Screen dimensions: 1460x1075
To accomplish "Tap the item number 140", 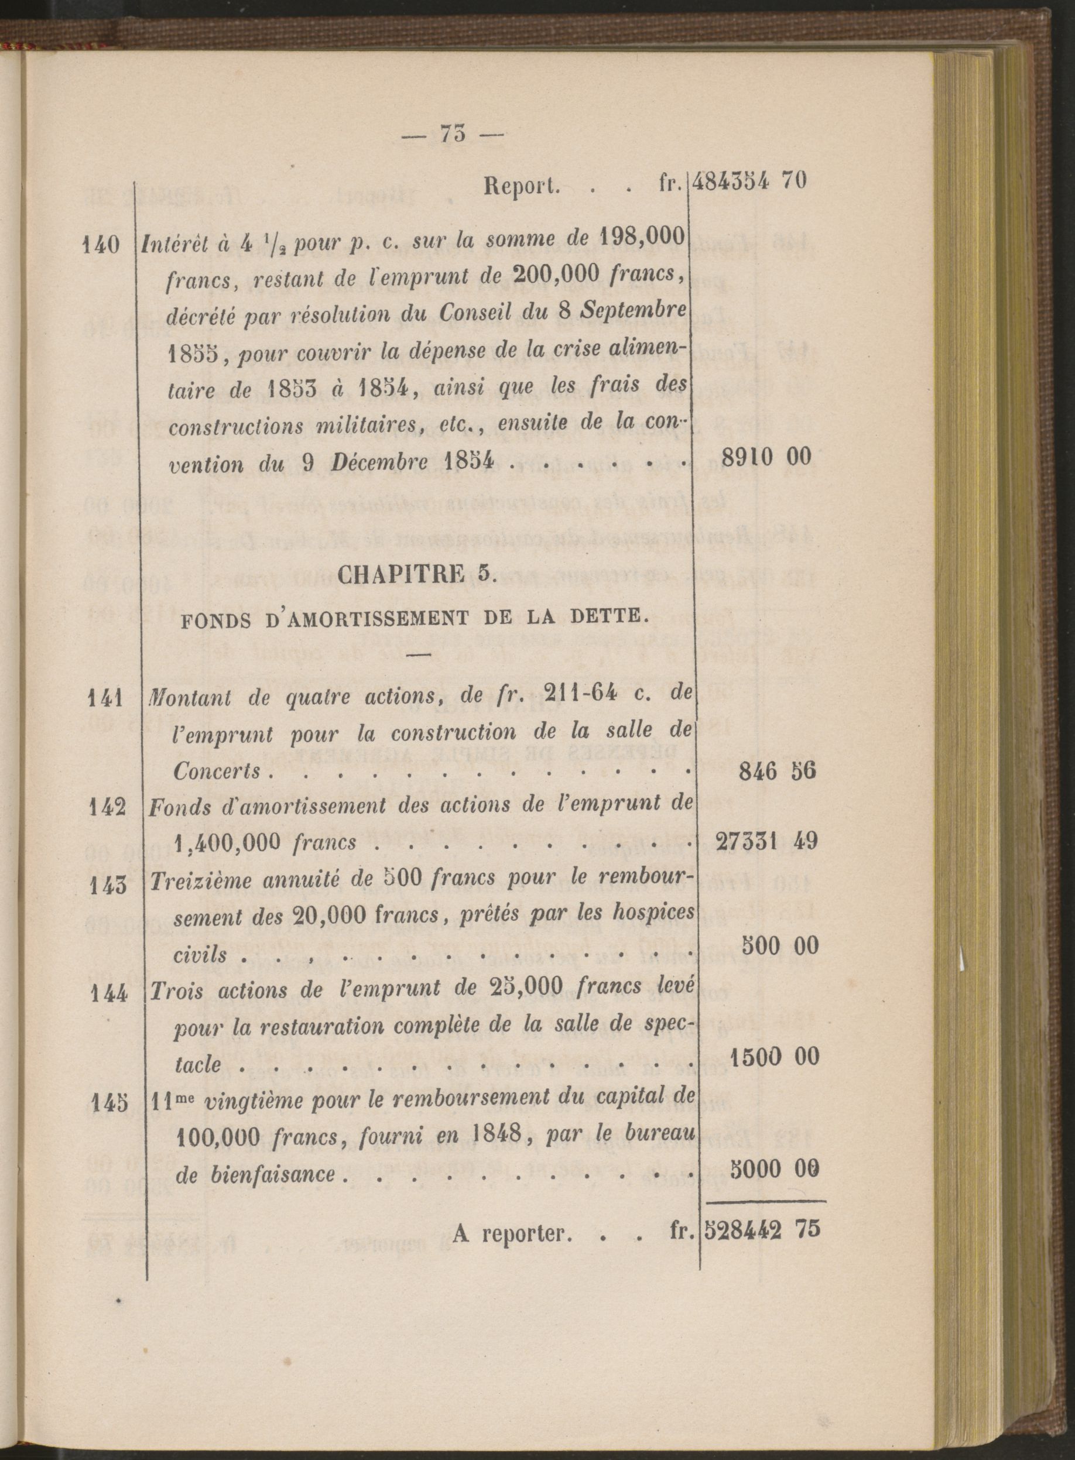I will pos(102,245).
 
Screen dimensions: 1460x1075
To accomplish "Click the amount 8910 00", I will pos(766,457).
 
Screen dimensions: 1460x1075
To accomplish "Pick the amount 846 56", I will pos(777,771).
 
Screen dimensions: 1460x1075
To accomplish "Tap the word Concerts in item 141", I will pos(217,772).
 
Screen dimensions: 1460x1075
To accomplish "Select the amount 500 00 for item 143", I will pos(779,945).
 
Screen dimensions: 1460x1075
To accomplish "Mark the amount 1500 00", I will pos(773,1057).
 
